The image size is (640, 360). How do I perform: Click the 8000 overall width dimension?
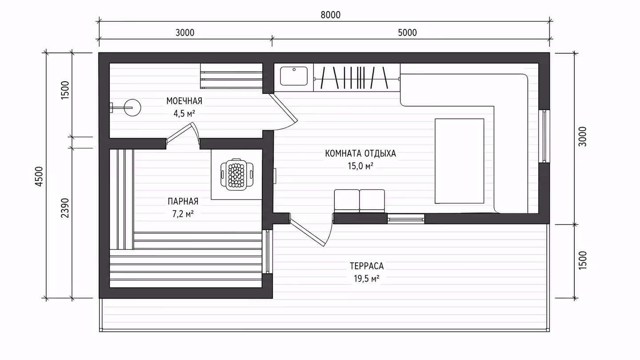click(x=331, y=15)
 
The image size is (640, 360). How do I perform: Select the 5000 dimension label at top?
click(x=408, y=33)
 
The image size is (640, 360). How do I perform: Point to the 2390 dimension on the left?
click(x=65, y=208)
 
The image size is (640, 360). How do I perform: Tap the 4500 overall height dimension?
click(x=39, y=176)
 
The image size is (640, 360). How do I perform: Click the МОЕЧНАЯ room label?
click(x=184, y=101)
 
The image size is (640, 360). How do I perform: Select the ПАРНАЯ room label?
click(x=183, y=201)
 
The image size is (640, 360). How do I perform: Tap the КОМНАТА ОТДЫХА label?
click(x=360, y=154)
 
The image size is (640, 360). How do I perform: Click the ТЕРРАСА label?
click(x=367, y=266)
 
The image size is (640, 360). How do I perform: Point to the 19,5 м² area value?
click(x=367, y=279)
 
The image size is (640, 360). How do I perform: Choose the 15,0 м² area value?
click(x=360, y=166)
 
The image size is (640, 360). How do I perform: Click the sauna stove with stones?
click(x=237, y=175)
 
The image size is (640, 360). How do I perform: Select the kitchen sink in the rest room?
click(x=294, y=76)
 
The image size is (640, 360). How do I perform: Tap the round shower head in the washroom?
click(x=132, y=108)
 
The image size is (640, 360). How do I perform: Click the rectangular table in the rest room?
click(x=460, y=161)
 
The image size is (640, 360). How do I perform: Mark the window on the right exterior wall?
click(x=544, y=136)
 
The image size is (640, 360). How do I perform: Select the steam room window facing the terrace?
click(x=268, y=252)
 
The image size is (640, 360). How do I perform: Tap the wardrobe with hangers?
click(x=357, y=77)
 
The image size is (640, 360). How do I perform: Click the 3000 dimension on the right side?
click(x=582, y=136)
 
